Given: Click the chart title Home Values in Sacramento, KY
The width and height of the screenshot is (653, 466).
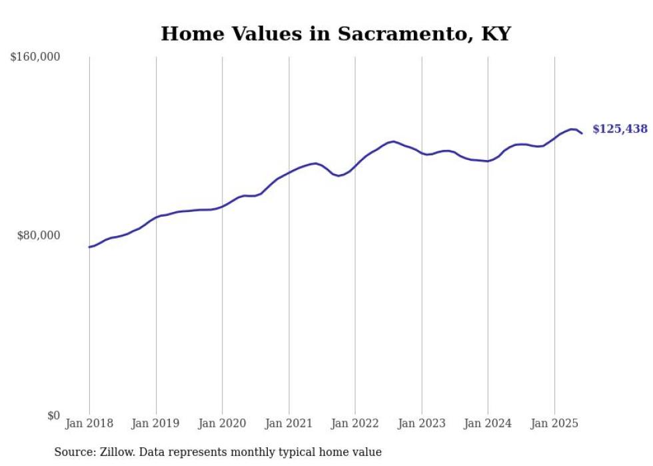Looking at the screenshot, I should point(335,33).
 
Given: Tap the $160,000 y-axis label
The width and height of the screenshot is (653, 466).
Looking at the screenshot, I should point(35,57).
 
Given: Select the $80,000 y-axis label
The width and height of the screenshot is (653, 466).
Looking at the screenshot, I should point(38,235).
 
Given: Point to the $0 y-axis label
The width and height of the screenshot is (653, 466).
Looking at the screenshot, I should point(53,415).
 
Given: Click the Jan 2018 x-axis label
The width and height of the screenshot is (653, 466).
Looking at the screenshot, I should point(89,423).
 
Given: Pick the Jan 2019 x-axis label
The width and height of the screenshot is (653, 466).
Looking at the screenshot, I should point(156,423).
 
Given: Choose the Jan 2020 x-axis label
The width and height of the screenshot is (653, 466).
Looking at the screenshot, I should point(223,423).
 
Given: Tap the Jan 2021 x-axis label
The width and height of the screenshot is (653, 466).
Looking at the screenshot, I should point(289,423).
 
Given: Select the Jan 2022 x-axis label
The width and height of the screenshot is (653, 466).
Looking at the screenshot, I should point(355,423).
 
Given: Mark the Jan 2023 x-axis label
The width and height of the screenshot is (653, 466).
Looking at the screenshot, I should point(422,423).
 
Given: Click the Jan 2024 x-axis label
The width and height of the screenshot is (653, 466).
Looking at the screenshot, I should point(488,423).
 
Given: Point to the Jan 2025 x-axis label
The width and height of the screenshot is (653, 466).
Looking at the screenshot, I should point(554,423).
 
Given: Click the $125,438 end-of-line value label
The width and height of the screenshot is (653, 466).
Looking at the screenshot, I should point(620,129).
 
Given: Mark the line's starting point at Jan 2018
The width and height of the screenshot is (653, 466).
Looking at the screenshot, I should point(89,247).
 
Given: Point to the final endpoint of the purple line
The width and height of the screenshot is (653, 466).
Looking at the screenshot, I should point(582,133).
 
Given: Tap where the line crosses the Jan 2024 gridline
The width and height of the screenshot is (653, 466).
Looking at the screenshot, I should point(488,161).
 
